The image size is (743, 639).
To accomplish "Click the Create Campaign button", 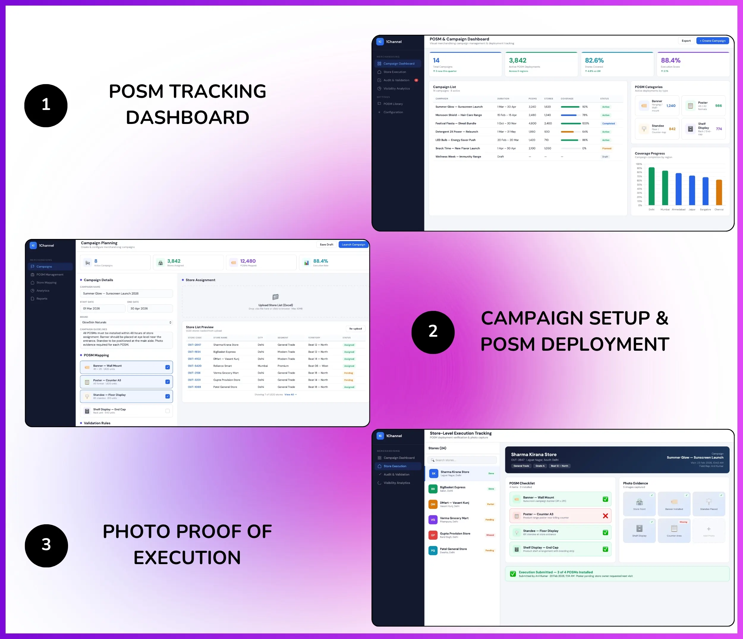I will pos(712,41).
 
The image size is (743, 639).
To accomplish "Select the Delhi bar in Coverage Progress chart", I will pos(651,186).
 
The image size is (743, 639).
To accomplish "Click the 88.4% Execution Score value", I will pos(670,61).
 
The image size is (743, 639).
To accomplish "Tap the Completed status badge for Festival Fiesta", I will pos(608,124).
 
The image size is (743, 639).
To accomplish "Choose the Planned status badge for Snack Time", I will pos(606,148).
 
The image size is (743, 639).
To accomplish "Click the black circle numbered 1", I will pos(46,106).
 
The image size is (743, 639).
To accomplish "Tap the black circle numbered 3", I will pos(46,545).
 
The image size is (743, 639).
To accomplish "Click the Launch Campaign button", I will pos(353,245).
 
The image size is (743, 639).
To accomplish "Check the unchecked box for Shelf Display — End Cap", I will pos(167,411).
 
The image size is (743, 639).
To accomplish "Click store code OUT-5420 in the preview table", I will pos(195,366).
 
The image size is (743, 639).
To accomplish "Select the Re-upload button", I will pos(355,328).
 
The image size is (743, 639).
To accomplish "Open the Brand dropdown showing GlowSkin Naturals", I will pos(126,322).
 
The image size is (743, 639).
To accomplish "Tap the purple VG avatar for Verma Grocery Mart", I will pos(433,520).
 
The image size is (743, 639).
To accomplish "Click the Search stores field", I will pos(462,460).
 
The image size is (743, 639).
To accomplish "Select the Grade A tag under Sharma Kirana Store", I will pos(540,466).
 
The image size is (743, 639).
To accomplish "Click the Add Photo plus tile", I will pos(709,529).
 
